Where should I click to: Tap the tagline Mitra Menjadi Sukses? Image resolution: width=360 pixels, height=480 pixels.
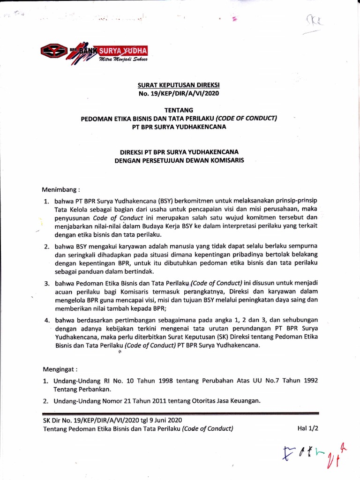click(x=123, y=60)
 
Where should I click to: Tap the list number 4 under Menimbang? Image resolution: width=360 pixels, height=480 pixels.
click(x=46, y=321)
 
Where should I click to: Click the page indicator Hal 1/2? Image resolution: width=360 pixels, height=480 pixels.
click(x=307, y=428)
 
